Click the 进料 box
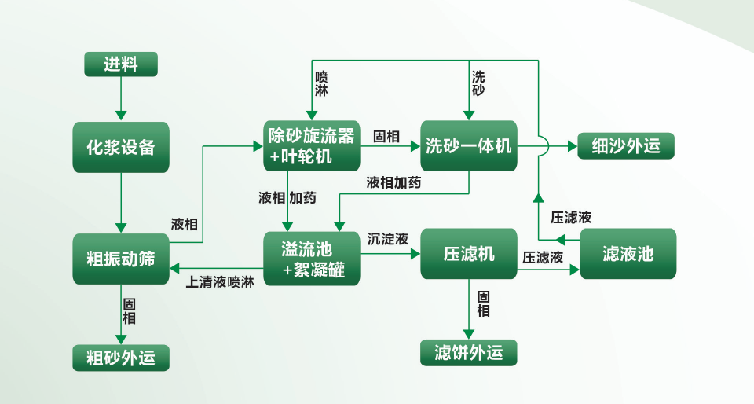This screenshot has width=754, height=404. point(121,64)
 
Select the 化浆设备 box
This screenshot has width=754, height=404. point(121,147)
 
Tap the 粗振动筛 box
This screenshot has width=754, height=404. point(121,259)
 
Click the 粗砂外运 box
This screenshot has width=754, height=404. point(121,358)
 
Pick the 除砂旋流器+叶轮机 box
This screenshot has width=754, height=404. point(312,146)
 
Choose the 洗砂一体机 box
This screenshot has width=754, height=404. point(469,146)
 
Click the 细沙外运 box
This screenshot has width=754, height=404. point(626,146)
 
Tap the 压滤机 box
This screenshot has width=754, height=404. point(469,254)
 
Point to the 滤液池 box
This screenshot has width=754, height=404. point(628,254)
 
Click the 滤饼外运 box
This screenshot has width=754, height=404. point(469,353)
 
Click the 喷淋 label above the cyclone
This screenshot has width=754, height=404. point(321,83)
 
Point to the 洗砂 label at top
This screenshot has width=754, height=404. point(478,83)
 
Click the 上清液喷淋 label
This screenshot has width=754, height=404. point(220,281)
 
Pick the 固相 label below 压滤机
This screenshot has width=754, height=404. point(484,304)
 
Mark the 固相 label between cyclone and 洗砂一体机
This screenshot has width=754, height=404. point(386,135)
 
